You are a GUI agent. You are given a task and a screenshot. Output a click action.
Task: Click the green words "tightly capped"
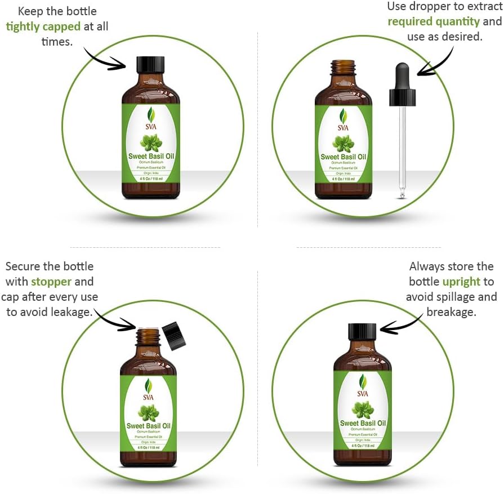pos(43,26)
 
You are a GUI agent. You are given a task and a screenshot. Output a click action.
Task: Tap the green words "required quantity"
pos(434,21)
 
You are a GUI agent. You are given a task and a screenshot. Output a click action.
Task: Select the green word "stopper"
pos(51,281)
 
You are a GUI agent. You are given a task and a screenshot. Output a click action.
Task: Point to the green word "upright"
pos(461,281)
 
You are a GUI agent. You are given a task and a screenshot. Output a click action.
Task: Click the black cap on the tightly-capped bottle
pos(151,63)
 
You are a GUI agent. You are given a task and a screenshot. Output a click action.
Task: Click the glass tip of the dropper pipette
pos(402,195)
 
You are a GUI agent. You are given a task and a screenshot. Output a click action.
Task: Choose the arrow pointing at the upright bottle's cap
pos(401,323)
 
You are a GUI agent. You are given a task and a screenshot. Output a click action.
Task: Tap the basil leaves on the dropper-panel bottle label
pos(343,143)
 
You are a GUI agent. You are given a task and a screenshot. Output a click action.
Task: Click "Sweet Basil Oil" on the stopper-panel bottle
pos(148,425)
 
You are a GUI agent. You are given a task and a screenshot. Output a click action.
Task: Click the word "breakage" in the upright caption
pos(451,311)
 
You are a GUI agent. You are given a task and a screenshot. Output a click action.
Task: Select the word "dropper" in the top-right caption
pos(425,6)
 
